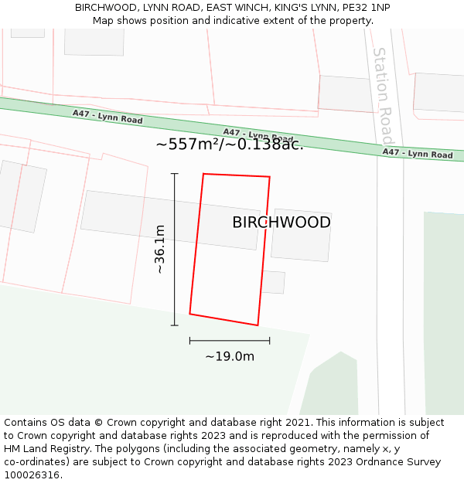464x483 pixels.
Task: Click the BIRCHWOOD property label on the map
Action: pyautogui.click(x=281, y=223)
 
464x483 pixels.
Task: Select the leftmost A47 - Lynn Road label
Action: pyautogui.click(x=107, y=117)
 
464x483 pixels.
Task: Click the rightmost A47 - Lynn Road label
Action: pyautogui.click(x=418, y=154)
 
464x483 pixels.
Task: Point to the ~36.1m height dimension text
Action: pyautogui.click(x=159, y=250)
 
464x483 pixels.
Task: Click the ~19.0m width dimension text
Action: pyautogui.click(x=230, y=356)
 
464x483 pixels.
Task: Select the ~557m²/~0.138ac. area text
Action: pyautogui.click(x=230, y=144)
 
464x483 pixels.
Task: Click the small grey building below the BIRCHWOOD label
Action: pyautogui.click(x=273, y=282)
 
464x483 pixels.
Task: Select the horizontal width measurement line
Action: pyautogui.click(x=230, y=340)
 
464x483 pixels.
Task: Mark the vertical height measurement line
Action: pyautogui.click(x=175, y=249)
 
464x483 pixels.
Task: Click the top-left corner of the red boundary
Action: pyautogui.click(x=203, y=174)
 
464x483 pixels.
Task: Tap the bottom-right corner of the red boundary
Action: pyautogui.click(x=258, y=325)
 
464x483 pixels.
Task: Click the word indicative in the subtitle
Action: pyautogui.click(x=223, y=20)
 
